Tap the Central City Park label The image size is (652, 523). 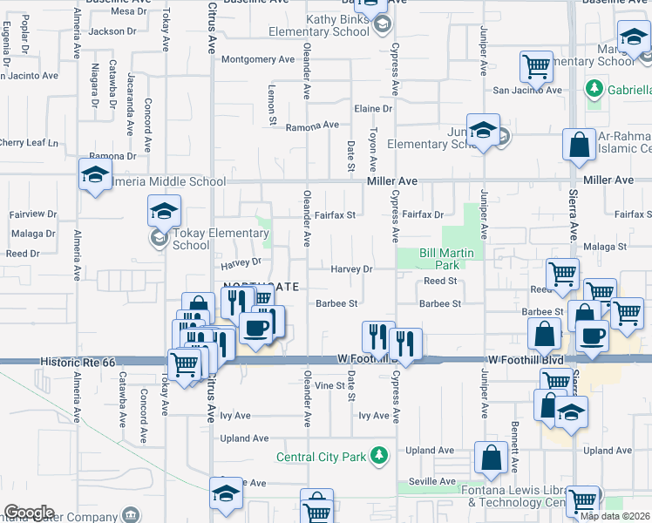tap(321, 456)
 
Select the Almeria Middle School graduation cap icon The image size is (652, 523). tap(95, 173)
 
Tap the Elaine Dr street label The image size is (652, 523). tap(373, 108)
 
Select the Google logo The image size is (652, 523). tap(29, 513)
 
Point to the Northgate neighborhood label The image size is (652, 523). tap(261, 286)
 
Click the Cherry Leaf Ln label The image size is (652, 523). tap(29, 142)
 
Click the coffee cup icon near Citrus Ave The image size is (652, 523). tap(256, 328)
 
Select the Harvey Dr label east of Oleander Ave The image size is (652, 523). tap(351, 269)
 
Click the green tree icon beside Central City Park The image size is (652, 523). tap(378, 455)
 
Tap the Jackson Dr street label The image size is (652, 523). tap(112, 31)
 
